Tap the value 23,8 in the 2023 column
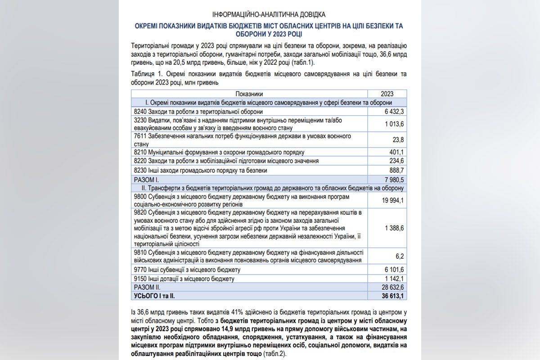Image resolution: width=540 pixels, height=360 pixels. click(x=397, y=139)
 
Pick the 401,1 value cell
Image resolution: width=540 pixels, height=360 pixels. click(x=396, y=152)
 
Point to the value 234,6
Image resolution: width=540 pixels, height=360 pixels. click(x=396, y=161)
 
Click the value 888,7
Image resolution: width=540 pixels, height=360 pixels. click(x=396, y=171)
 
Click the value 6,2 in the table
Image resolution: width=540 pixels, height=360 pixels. click(x=400, y=256)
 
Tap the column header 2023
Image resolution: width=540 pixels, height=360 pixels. click(x=387, y=94)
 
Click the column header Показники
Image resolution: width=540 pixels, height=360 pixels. click(x=249, y=94)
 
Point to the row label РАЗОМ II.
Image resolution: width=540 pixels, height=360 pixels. click(x=147, y=287)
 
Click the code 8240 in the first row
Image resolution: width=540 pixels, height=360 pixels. click(x=140, y=111)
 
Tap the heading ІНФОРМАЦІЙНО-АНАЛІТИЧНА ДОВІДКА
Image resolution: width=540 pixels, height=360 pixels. click(x=269, y=15)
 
